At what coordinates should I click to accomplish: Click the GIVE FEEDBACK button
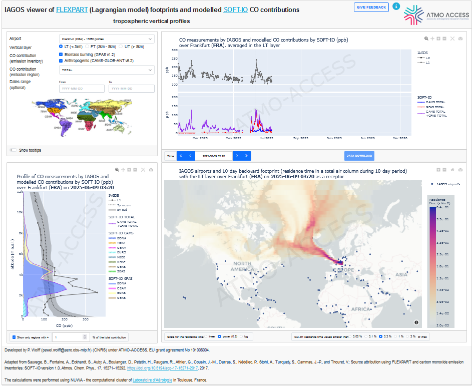pyautogui.click(x=371, y=7)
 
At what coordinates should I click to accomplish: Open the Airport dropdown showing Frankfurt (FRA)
pyautogui.click(x=107, y=39)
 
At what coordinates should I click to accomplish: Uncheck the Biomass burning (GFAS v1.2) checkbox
pyautogui.click(x=61, y=55)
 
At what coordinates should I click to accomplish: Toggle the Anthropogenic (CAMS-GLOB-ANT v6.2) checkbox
pyautogui.click(x=61, y=61)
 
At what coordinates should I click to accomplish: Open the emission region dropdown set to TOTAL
pyautogui.click(x=107, y=70)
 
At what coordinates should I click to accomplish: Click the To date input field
pyautogui.click(x=131, y=89)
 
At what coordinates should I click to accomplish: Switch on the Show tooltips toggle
pyautogui.click(x=13, y=150)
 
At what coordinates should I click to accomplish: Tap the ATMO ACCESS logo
pyautogui.click(x=436, y=15)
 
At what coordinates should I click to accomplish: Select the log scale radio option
pyautogui.click(x=242, y=337)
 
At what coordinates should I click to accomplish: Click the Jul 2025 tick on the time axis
pyautogui.click(x=266, y=138)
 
